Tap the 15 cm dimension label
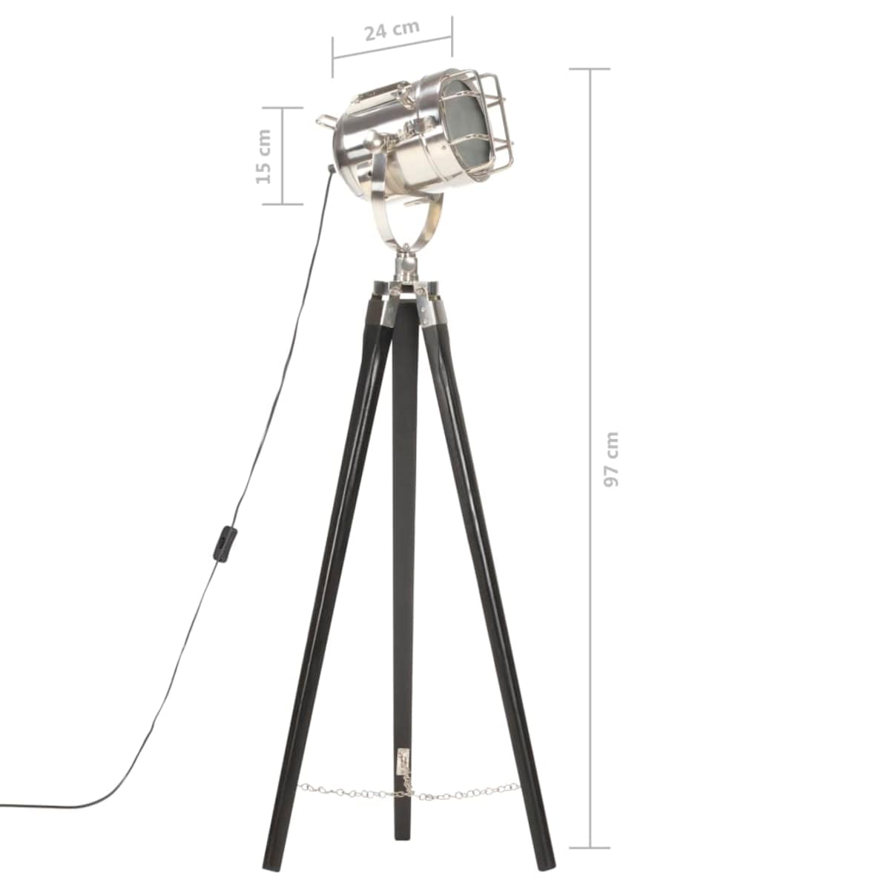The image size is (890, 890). (x=263, y=156)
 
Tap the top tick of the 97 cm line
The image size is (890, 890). (x=590, y=69)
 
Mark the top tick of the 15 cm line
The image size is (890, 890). (x=282, y=108)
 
